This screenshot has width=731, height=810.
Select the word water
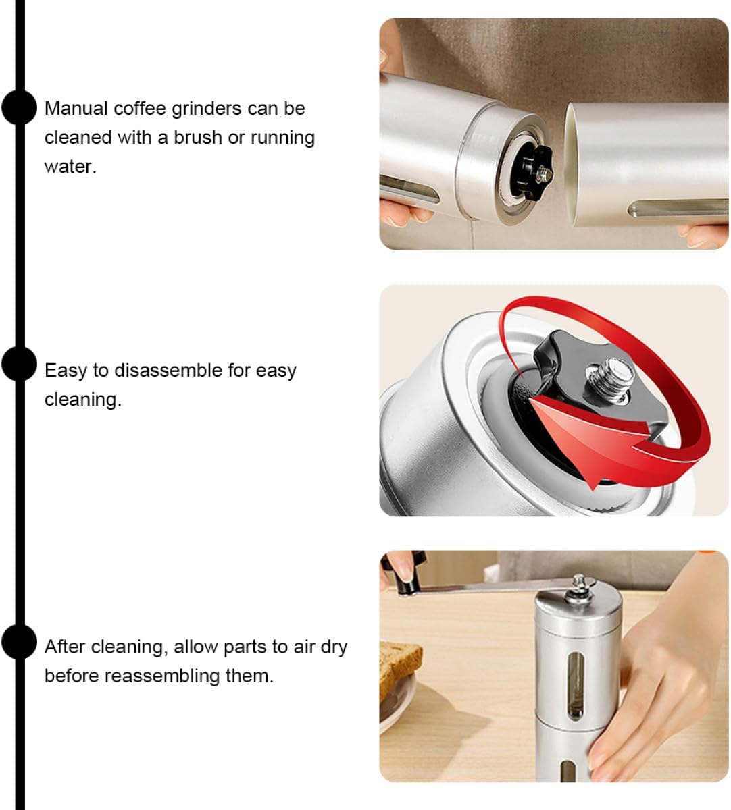[70, 167]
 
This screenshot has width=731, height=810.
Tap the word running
[282, 138]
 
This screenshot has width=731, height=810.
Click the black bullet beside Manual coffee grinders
[19, 107]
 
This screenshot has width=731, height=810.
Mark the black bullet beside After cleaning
[19, 641]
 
